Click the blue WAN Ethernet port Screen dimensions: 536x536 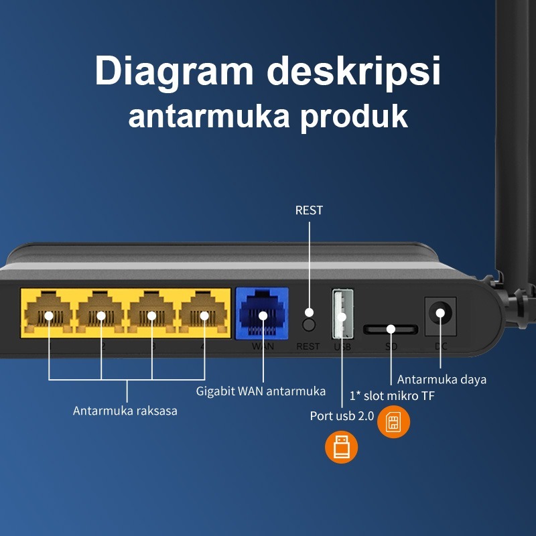262,314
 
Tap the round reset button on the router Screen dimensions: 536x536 309,325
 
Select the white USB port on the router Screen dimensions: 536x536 342,314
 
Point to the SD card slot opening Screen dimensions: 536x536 391,330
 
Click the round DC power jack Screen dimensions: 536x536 440,314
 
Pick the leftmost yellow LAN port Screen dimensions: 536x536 48,313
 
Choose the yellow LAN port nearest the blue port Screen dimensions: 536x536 204,313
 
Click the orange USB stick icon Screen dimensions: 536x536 341,447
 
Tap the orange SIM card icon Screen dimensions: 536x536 393,422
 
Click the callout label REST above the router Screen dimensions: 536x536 309,210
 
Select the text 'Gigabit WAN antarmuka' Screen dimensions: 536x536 261,391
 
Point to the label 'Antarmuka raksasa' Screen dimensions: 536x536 125,411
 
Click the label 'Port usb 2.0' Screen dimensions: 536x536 342,416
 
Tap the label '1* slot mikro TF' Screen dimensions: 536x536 392,396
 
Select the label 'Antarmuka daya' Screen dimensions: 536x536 442,379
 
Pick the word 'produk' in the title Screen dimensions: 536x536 354,117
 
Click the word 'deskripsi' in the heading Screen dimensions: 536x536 354,72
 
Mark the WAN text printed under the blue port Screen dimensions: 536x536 263,346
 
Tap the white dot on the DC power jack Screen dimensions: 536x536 440,313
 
